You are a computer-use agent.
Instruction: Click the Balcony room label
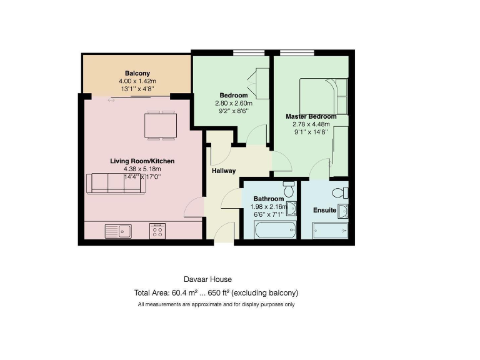(136, 73)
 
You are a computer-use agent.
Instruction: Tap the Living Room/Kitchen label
(142, 161)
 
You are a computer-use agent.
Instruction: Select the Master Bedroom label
(311, 116)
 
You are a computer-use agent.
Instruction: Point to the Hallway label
(223, 171)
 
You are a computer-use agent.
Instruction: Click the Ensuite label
(324, 211)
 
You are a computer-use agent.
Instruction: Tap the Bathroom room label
(268, 199)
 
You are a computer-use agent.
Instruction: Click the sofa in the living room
(116, 184)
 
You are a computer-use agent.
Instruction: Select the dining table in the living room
(161, 125)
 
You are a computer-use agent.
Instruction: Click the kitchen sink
(119, 231)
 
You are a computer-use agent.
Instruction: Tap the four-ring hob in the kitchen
(157, 231)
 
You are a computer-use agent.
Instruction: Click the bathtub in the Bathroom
(269, 231)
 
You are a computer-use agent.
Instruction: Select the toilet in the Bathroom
(288, 187)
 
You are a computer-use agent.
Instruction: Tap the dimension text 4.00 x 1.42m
(136, 81)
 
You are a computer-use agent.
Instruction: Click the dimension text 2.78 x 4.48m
(311, 124)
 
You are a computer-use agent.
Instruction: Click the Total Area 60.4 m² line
(216, 292)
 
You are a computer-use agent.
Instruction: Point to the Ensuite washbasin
(342, 210)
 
